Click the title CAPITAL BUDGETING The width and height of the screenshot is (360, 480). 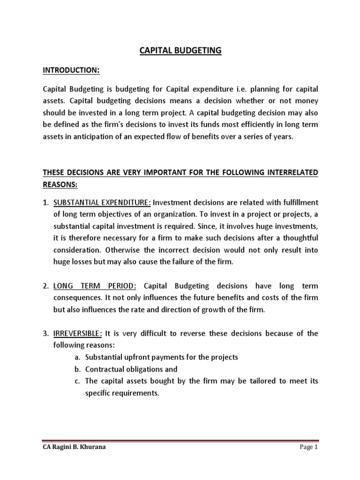pos(180,51)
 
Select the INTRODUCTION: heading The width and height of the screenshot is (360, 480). pos(71,70)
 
